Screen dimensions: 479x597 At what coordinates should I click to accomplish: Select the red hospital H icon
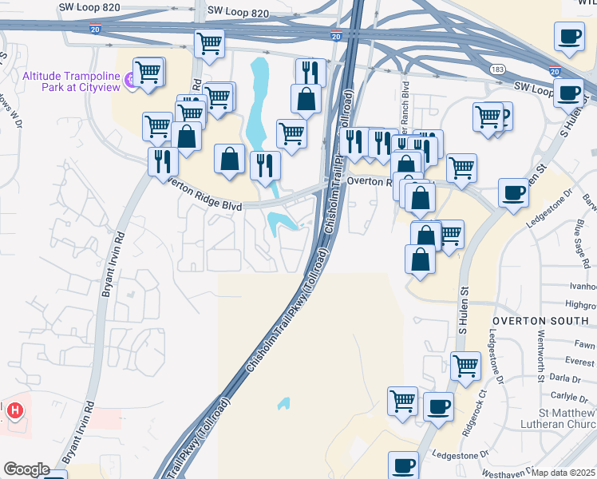coord(15,412)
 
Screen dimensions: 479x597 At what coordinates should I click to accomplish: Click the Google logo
coord(26,469)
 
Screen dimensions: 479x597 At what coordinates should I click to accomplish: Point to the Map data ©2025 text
coord(563,473)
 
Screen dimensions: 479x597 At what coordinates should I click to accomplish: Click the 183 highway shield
coord(496,69)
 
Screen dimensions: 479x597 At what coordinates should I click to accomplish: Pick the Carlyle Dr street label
coord(567,396)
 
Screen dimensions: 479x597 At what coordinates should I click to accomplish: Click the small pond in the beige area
coord(283,403)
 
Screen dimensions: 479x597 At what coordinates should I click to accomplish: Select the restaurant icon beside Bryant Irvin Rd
coord(163,160)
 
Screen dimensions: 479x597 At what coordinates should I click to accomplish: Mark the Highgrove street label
coord(580,305)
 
